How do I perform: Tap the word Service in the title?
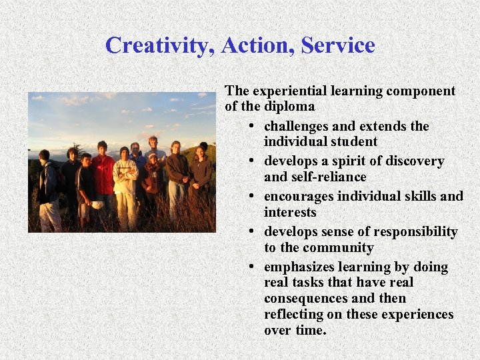tap(338, 46)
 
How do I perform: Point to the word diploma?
tap(289, 107)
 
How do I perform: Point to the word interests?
tap(290, 213)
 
